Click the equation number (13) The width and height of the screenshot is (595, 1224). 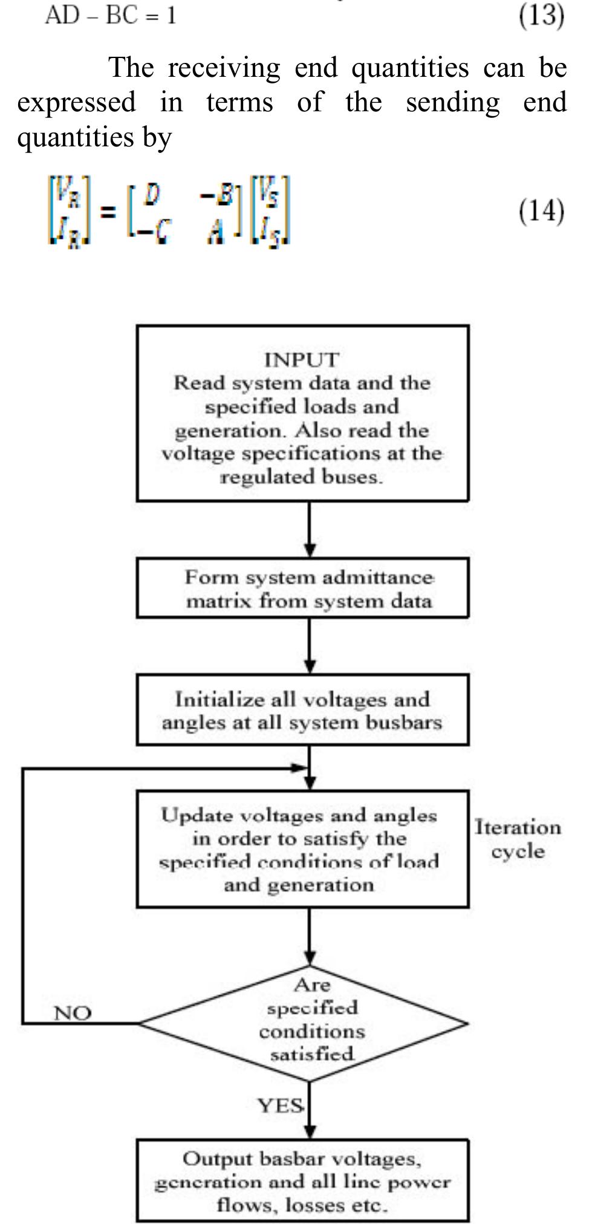541,15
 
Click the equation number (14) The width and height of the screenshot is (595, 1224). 541,211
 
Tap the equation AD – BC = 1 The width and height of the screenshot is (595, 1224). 111,15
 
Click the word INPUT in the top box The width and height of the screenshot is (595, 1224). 301,360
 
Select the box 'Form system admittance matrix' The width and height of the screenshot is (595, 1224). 302,588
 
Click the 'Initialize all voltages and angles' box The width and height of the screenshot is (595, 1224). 302,710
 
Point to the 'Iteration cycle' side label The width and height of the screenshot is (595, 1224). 518,839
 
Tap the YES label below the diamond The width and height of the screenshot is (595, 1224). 281,1105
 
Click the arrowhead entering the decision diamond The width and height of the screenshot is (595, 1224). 310,958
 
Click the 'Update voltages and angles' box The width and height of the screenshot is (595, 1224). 302,850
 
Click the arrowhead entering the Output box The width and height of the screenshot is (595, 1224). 310,1131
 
